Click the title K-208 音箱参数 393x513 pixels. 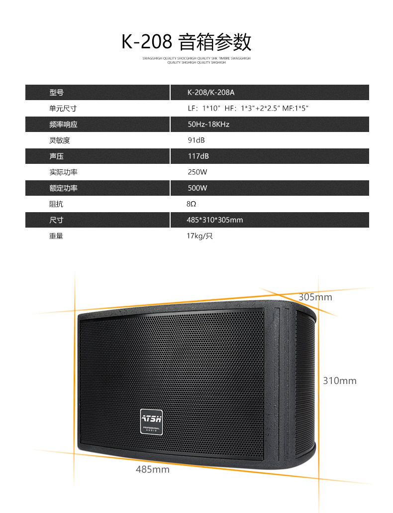(187, 42)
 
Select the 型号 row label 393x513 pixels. (57, 92)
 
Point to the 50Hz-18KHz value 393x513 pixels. (208, 124)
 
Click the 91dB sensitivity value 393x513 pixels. (196, 140)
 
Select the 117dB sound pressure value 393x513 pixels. (198, 156)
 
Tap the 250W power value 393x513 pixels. (197, 172)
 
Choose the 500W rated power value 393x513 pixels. (197, 188)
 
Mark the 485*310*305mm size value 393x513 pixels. (215, 220)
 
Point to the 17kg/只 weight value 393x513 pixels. (200, 236)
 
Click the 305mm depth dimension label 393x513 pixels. (315, 297)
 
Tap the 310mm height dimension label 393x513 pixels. (340, 381)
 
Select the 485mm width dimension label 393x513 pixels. (153, 469)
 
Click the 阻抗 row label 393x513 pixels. (57, 204)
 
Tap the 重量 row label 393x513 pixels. (57, 236)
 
